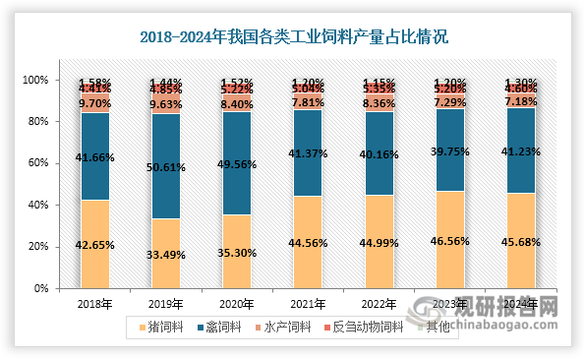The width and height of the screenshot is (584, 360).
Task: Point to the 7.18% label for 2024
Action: tap(520, 101)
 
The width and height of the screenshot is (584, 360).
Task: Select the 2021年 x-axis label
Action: tap(308, 305)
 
